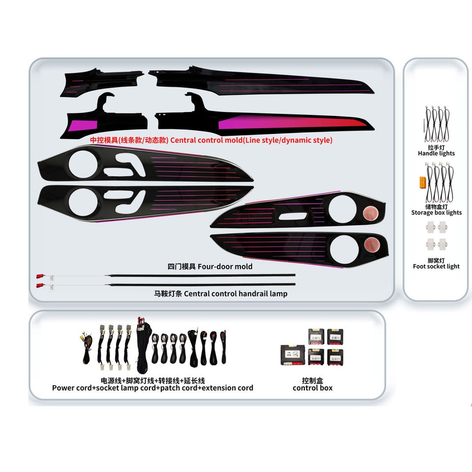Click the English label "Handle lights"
[436, 153]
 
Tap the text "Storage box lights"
[436, 212]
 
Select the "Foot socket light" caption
[436, 266]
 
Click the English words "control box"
[312, 388]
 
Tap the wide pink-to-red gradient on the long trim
[290, 123]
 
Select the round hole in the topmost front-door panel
[81, 164]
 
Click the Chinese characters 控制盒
[312, 380]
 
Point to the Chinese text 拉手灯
[436, 147]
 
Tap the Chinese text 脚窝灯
[436, 260]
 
